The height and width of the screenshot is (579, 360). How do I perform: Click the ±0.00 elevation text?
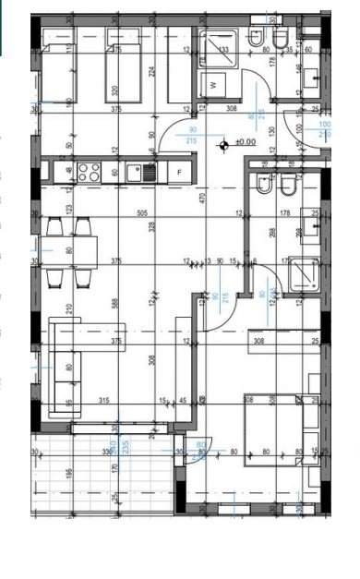(246, 142)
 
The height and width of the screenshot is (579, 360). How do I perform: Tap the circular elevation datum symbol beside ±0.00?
(222, 143)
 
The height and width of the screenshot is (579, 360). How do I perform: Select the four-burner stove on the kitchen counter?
(90, 172)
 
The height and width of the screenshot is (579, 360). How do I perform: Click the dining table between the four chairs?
(69, 247)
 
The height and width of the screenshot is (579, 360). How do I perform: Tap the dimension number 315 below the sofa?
(106, 400)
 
